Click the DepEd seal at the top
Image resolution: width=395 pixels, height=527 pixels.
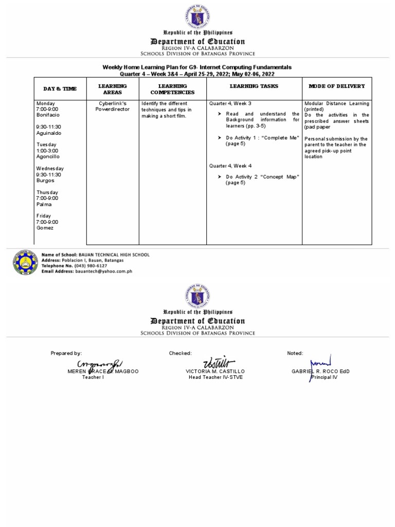tap(197, 16)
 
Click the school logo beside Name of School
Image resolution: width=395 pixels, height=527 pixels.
tap(25, 262)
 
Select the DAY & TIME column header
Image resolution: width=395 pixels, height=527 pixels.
tap(60, 89)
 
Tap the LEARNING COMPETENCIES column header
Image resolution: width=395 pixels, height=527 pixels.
tap(172, 89)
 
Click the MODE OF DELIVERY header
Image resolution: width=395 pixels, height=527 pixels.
tap(336, 86)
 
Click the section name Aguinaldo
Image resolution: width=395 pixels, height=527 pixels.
tap(48, 133)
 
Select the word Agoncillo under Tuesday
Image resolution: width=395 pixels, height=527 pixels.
tap(48, 156)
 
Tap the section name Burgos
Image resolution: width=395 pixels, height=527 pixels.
tap(45, 181)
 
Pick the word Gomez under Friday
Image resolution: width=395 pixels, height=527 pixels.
tap(45, 227)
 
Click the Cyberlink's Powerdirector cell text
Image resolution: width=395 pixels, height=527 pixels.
tap(113, 107)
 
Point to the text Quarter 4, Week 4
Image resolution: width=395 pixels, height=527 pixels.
tap(230, 166)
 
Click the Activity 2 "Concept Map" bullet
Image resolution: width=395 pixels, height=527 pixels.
tap(262, 180)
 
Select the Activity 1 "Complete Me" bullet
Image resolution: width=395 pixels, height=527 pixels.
tap(262, 140)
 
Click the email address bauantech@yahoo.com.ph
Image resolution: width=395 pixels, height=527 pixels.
tap(103, 271)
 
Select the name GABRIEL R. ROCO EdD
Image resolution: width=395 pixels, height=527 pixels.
tap(320, 371)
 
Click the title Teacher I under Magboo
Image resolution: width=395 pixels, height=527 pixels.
tap(93, 377)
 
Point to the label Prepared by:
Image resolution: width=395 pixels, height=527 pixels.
tap(66, 353)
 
